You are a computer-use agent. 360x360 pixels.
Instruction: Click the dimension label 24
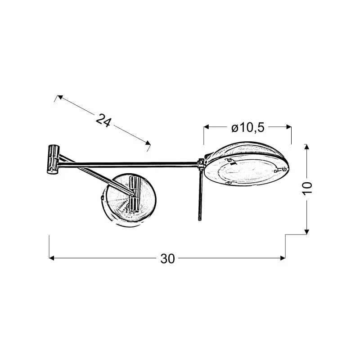tap(103, 120)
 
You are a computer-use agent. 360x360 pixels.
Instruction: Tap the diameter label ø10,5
tap(248, 127)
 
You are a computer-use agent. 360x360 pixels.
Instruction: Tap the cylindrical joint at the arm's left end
tap(53, 159)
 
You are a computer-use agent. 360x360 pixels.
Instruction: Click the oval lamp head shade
tap(247, 164)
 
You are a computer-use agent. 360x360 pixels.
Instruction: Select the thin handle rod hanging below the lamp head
tap(200, 195)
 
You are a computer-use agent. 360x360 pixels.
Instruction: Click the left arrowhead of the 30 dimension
tap(51, 258)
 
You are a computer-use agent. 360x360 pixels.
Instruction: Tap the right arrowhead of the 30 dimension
tap(283, 258)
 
